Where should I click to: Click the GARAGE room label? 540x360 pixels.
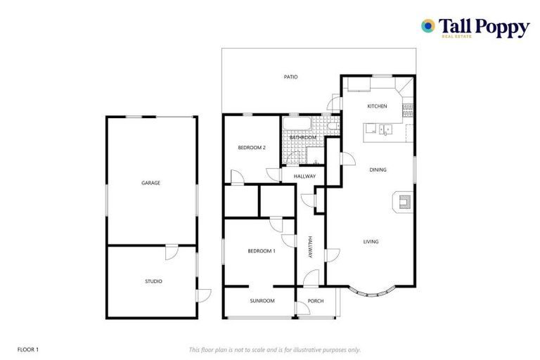(x=150, y=183)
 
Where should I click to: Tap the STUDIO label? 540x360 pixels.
(x=153, y=281)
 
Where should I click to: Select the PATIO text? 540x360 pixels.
(x=290, y=77)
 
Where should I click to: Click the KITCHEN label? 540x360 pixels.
(x=377, y=106)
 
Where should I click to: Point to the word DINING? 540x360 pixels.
(x=378, y=169)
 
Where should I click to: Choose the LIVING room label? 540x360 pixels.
(x=371, y=242)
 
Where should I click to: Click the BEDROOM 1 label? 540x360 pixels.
(x=261, y=251)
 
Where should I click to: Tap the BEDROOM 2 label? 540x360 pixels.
(x=251, y=148)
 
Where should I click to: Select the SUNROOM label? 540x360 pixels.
(x=262, y=301)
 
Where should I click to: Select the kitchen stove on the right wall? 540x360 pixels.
(x=408, y=110)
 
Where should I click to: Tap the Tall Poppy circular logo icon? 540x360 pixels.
(x=427, y=26)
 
